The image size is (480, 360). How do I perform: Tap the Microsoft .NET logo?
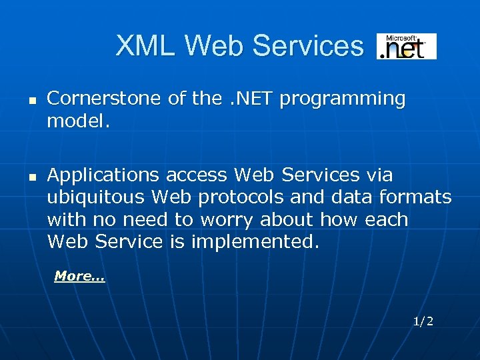pyautogui.click(x=407, y=47)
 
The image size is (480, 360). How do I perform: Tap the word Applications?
pyautogui.click(x=103, y=176)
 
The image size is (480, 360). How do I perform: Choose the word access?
pyautogui.click(x=197, y=175)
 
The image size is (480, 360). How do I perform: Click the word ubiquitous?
pyautogui.click(x=96, y=198)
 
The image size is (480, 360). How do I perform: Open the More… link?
pyautogui.click(x=79, y=276)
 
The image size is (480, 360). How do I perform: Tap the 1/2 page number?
pyautogui.click(x=423, y=321)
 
